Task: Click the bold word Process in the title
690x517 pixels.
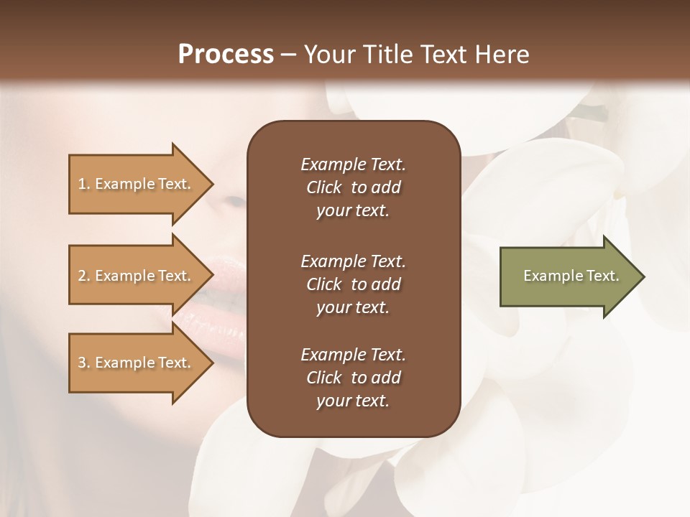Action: point(226,55)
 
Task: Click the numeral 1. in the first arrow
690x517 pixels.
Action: point(84,184)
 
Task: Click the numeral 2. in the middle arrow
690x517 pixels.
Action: point(84,276)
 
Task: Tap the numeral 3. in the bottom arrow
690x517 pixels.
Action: point(84,363)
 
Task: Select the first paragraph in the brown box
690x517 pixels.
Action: point(353,187)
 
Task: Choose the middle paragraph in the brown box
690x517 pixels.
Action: point(353,284)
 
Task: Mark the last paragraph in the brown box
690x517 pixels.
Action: point(353,378)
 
